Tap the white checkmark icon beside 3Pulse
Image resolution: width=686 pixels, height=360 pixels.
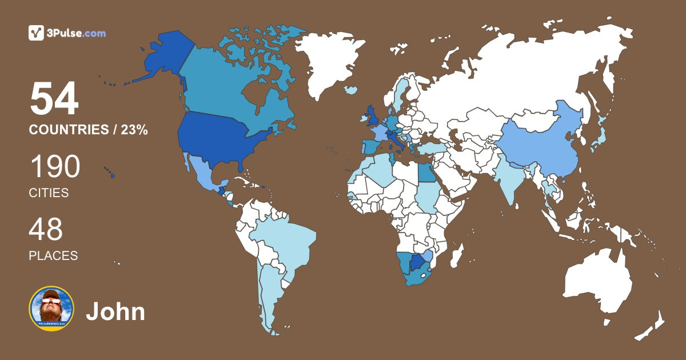click(x=37, y=33)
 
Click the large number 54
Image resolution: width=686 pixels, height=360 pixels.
click(x=54, y=99)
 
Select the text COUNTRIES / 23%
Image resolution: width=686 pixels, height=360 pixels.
click(x=89, y=130)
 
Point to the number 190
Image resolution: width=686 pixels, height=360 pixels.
click(x=54, y=167)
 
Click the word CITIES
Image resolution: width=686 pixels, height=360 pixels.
click(x=49, y=193)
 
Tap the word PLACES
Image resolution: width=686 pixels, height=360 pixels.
click(x=53, y=256)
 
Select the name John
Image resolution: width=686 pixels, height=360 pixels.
click(x=115, y=312)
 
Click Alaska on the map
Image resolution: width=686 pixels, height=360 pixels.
click(x=160, y=57)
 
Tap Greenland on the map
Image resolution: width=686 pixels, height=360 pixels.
click(x=332, y=57)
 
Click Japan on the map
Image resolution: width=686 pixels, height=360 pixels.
click(x=597, y=137)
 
